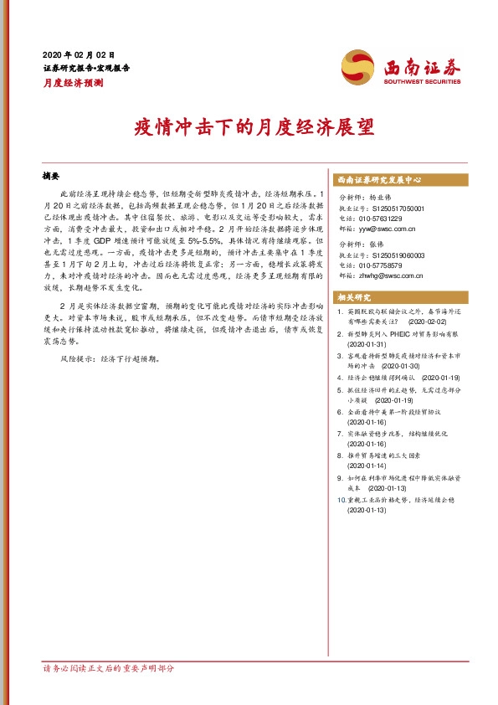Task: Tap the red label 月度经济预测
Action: click(73, 83)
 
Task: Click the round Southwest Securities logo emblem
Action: click(358, 65)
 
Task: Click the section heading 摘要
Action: click(52, 177)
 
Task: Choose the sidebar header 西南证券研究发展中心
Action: click(378, 180)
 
